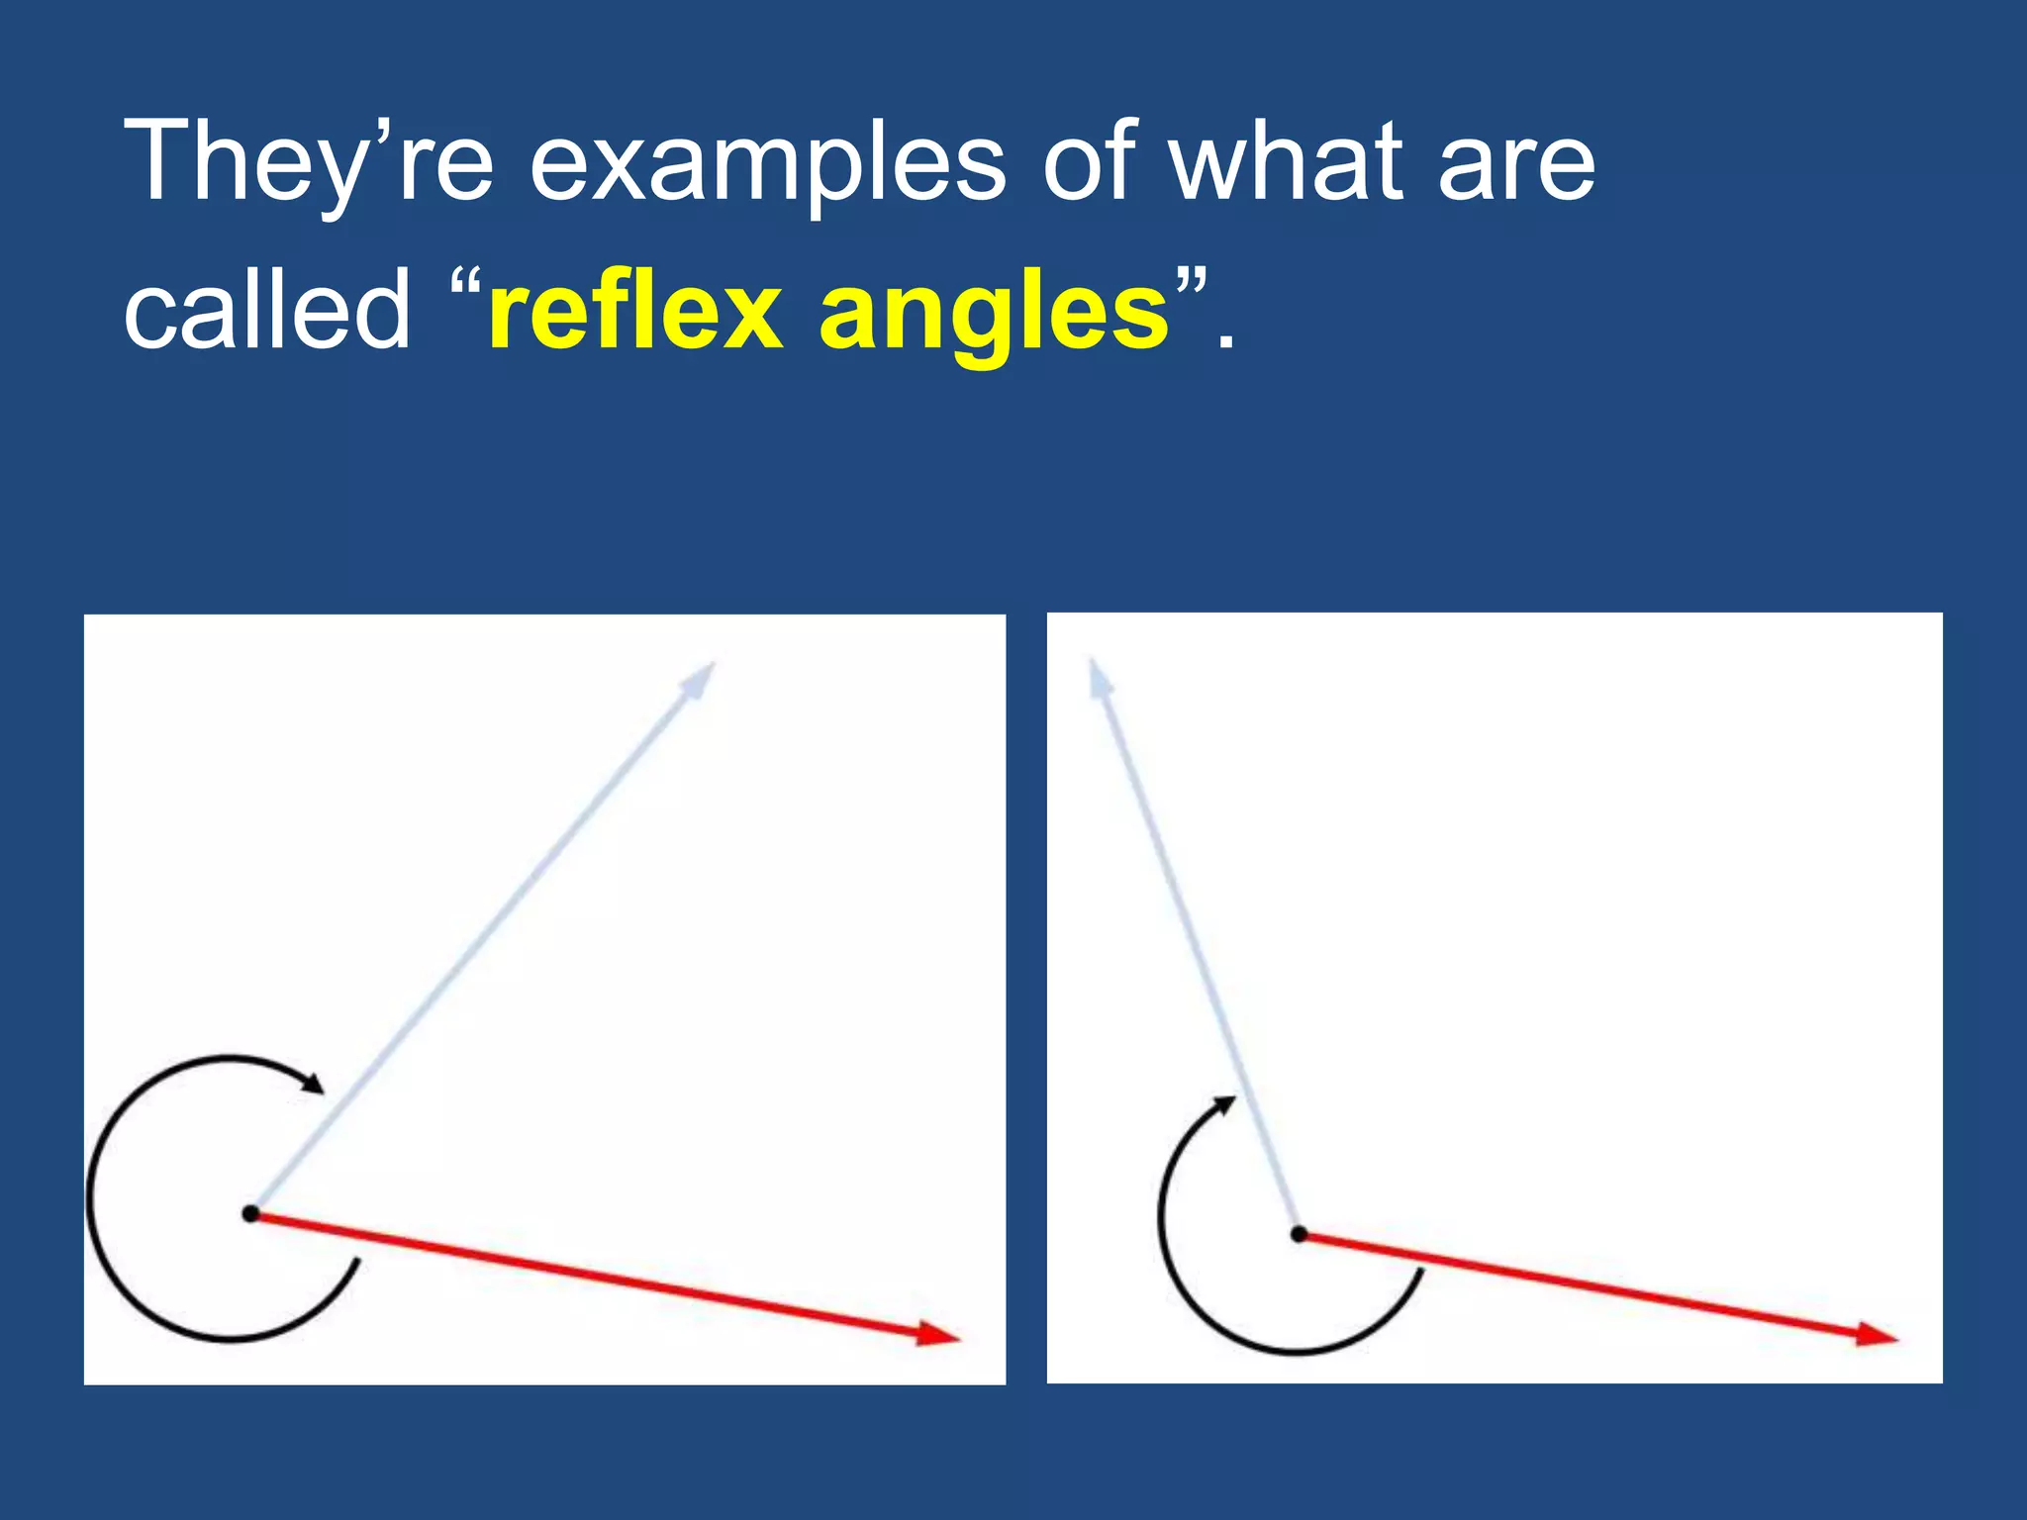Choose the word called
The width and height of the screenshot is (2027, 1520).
(266, 309)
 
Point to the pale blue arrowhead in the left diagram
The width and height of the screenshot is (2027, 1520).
(700, 680)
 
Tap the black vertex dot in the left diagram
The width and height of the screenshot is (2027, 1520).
(251, 1213)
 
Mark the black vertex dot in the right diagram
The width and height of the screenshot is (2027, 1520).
(1300, 1234)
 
